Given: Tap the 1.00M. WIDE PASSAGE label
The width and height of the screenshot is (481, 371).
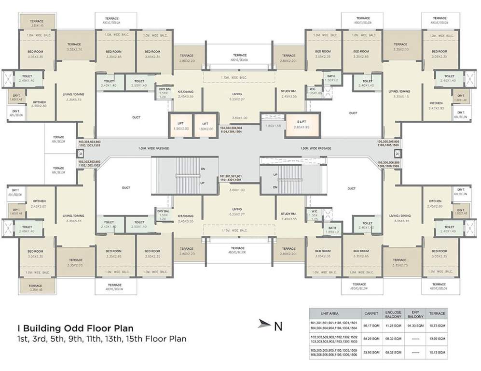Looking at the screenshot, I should click(x=153, y=148).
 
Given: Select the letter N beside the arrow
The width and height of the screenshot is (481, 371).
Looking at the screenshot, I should click(x=278, y=326).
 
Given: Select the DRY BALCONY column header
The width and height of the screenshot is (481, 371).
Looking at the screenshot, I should click(x=415, y=314).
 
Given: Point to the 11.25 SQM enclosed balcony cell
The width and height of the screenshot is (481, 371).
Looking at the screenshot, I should click(x=393, y=325).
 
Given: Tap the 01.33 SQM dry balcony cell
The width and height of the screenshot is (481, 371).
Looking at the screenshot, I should click(x=415, y=325).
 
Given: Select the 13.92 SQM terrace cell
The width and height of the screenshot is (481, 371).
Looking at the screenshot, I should click(x=437, y=339).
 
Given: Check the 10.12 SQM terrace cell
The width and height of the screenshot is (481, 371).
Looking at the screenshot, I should click(x=437, y=353).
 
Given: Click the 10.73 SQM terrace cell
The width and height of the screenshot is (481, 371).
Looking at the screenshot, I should click(x=437, y=325).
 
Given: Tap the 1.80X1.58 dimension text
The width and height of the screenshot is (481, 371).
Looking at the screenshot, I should click(x=273, y=126).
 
